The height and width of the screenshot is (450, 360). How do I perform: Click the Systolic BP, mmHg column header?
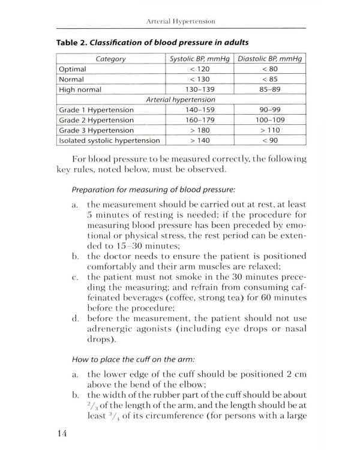pyautogui.click(x=198, y=59)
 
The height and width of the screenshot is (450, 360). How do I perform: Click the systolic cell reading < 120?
pyautogui.click(x=198, y=69)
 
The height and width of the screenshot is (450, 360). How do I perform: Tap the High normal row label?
pyautogui.click(x=80, y=89)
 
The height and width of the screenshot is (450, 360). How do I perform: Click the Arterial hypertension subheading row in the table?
pyautogui.click(x=181, y=100)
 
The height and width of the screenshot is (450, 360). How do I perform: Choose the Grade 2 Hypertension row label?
pyautogui.click(x=96, y=120)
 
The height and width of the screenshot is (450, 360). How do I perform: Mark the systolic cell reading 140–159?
pyautogui.click(x=198, y=110)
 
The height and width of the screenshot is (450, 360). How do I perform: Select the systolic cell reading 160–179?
pyautogui.click(x=198, y=120)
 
